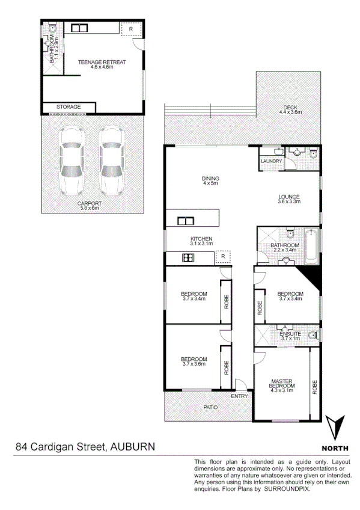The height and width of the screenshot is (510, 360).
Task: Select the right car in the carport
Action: [111, 162]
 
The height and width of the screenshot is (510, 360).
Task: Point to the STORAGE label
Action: [69, 107]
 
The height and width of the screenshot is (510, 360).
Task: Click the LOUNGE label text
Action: [288, 197]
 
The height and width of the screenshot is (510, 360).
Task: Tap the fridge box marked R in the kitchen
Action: [222, 257]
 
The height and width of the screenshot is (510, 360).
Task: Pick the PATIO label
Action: [210, 407]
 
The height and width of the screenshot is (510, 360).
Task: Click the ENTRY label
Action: [239, 396]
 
